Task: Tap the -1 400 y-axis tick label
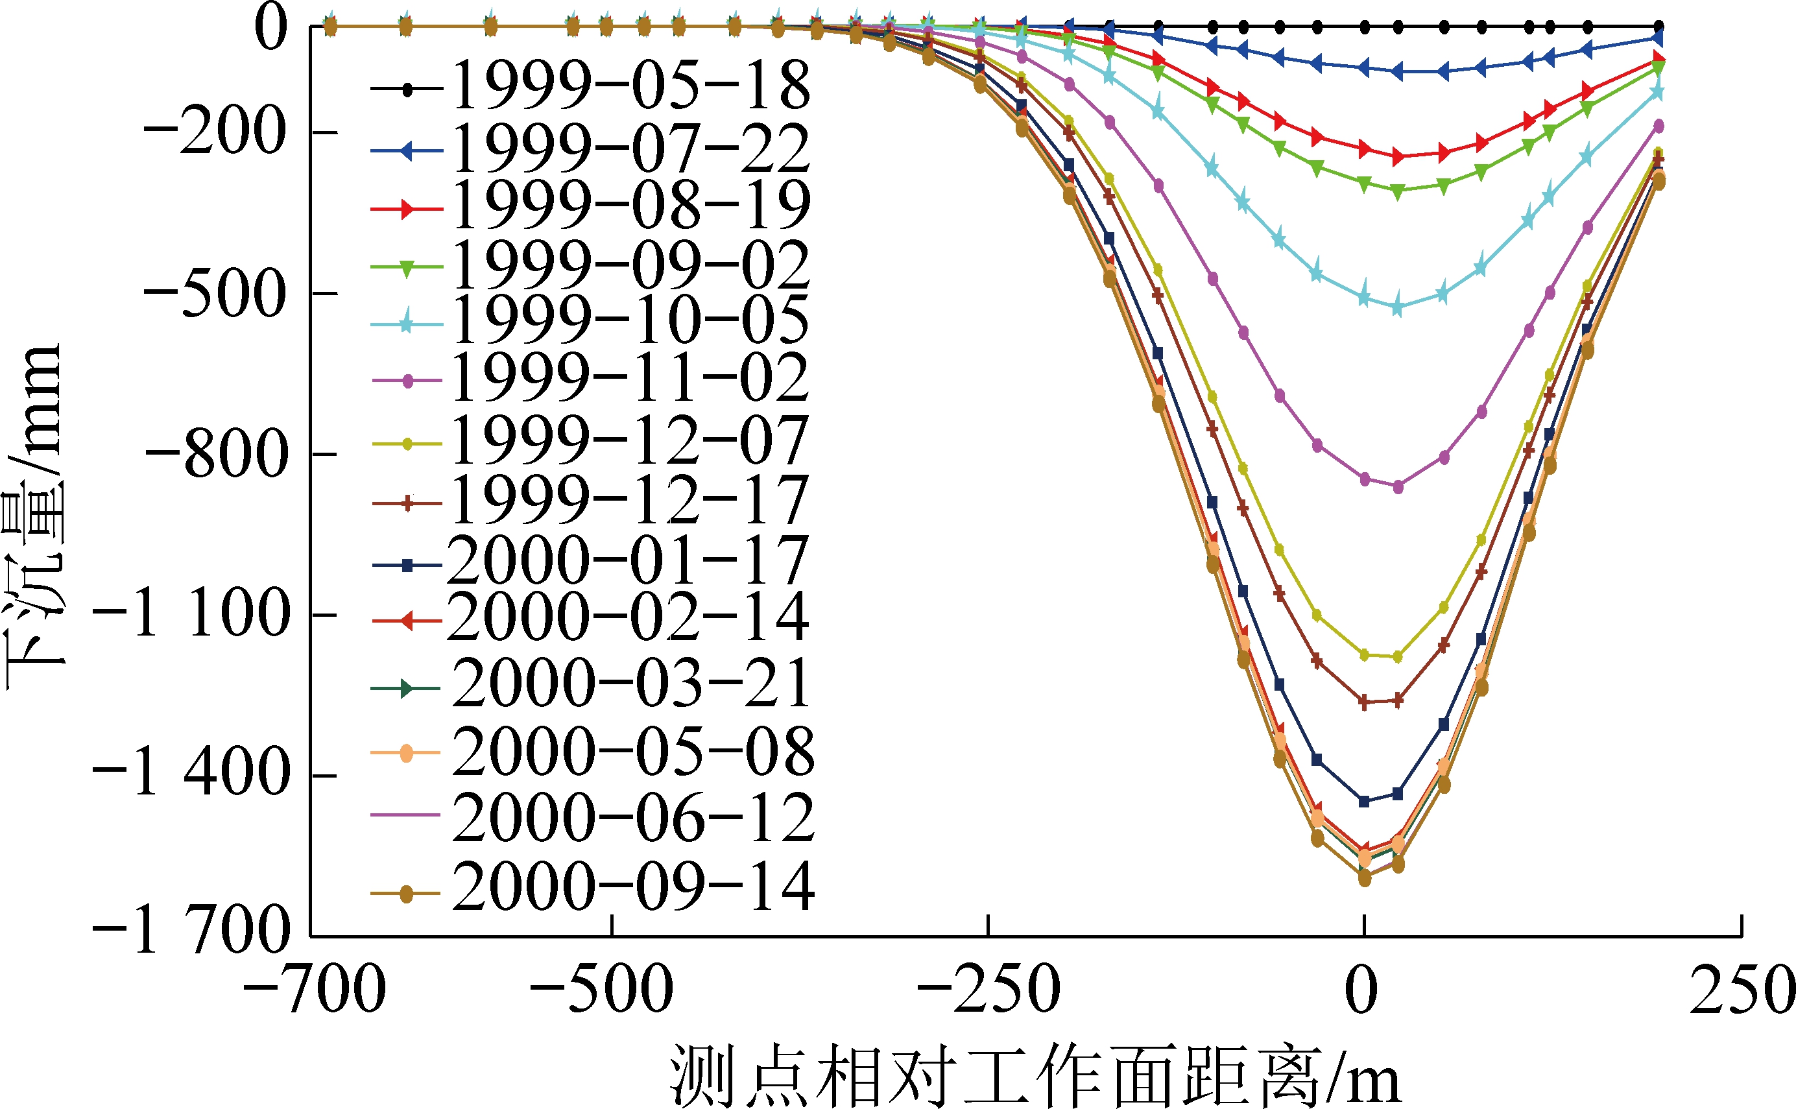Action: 191,775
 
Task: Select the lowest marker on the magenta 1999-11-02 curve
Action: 1398,487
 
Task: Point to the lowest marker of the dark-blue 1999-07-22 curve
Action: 1397,72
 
